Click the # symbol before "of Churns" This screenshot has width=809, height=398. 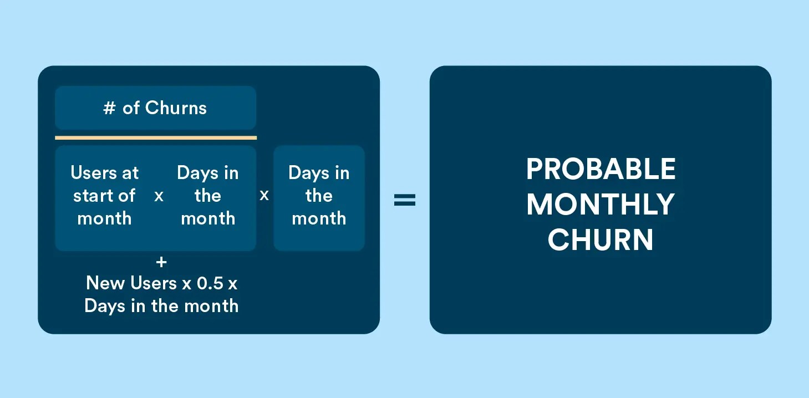pyautogui.click(x=109, y=108)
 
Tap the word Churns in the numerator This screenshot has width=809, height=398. pyautogui.click(x=176, y=108)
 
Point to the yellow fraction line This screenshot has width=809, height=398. pyautogui.click(x=156, y=137)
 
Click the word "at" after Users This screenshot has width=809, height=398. pyautogui.click(x=130, y=173)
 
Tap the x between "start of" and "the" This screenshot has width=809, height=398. pyautogui.click(x=159, y=196)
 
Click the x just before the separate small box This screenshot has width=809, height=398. pyautogui.click(x=264, y=195)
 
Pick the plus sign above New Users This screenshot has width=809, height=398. pyautogui.click(x=161, y=262)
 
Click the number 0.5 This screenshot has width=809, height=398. pyautogui.click(x=209, y=283)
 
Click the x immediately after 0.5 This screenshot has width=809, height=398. pyautogui.click(x=232, y=284)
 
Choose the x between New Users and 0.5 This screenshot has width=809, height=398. pyautogui.click(x=187, y=284)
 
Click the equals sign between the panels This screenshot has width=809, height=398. pyautogui.click(x=405, y=200)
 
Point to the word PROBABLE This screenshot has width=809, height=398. pyautogui.click(x=601, y=170)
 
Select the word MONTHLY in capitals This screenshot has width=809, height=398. pyautogui.click(x=601, y=205)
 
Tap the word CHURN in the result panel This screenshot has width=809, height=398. pyautogui.click(x=601, y=240)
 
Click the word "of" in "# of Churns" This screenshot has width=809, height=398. pyautogui.click(x=131, y=108)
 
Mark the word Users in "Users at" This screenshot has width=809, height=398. pyautogui.click(x=92, y=173)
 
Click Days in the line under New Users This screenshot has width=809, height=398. pyautogui.click(x=105, y=306)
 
